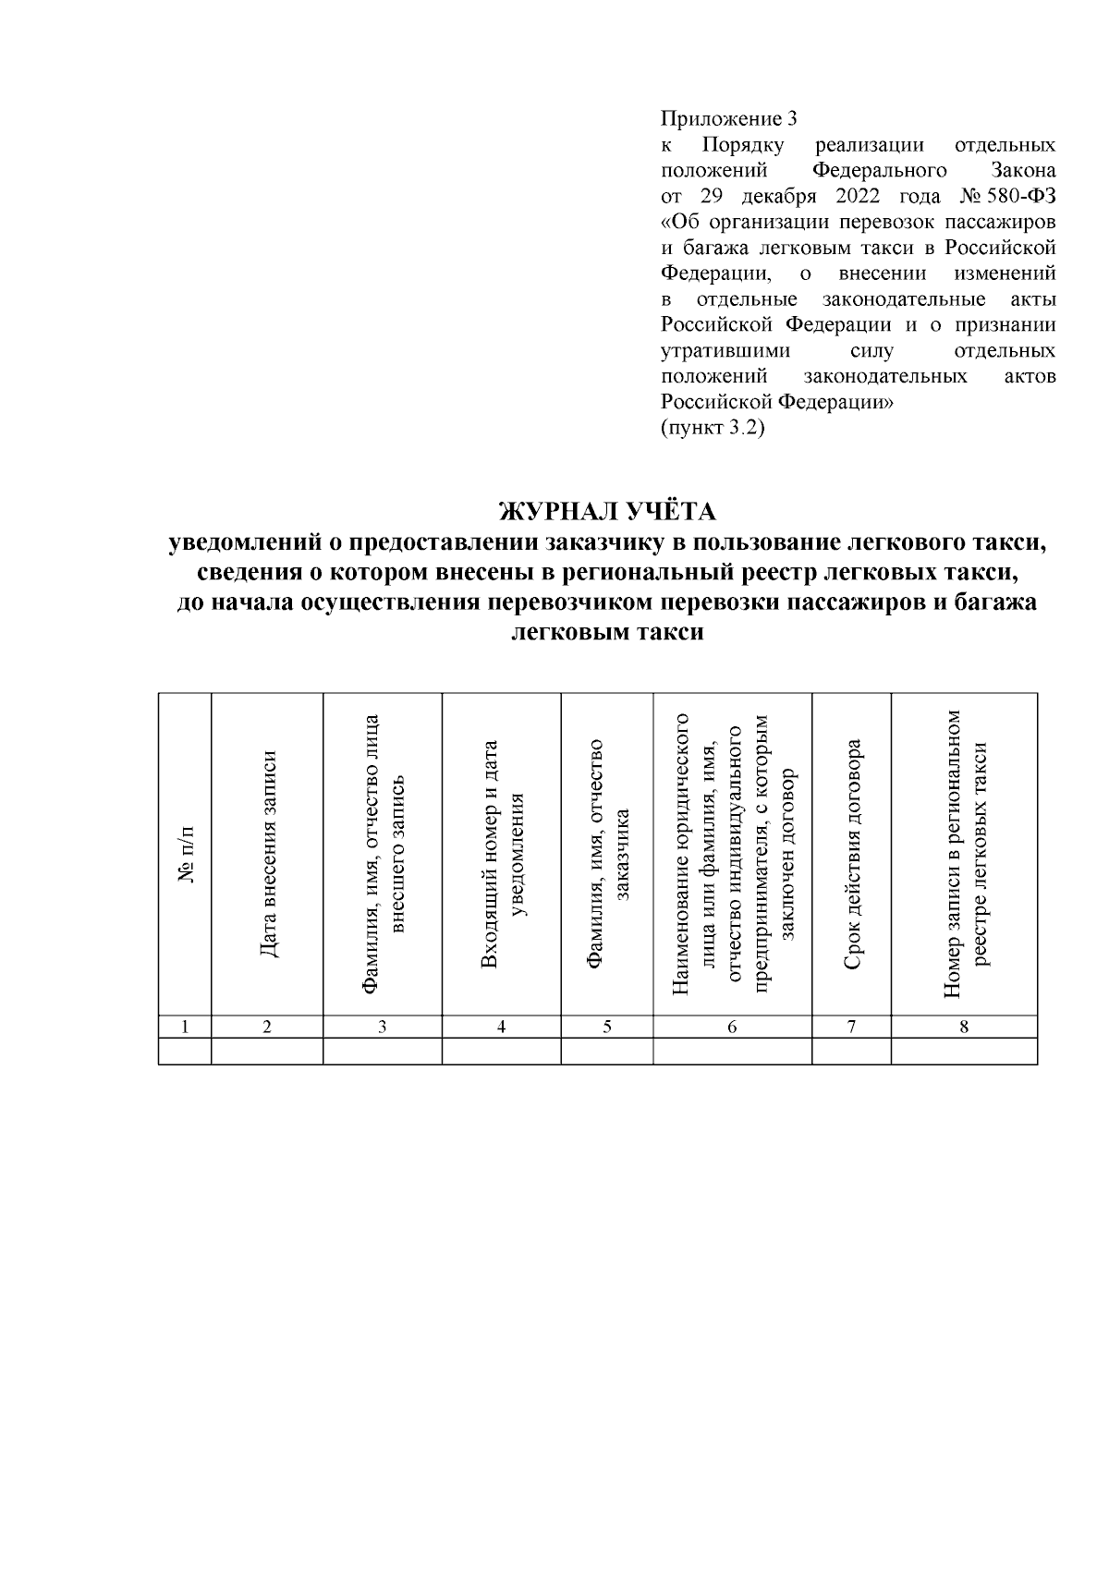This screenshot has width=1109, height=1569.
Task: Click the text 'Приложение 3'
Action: tap(728, 119)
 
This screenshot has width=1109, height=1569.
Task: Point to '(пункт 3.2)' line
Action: tap(713, 429)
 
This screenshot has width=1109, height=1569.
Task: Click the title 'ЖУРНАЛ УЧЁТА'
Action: tap(607, 511)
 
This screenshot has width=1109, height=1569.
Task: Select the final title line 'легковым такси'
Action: tap(607, 633)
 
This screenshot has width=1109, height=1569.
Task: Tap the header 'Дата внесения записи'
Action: tap(267, 855)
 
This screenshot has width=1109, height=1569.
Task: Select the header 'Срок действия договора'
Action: tap(852, 855)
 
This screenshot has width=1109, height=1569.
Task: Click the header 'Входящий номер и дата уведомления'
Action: tap(502, 855)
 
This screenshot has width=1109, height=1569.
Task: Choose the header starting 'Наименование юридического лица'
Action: tap(733, 855)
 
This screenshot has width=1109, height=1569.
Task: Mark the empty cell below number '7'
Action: tap(852, 1052)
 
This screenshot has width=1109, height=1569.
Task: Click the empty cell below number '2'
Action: tap(267, 1052)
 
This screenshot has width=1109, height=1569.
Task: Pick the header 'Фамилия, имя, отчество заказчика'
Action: tap(608, 855)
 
